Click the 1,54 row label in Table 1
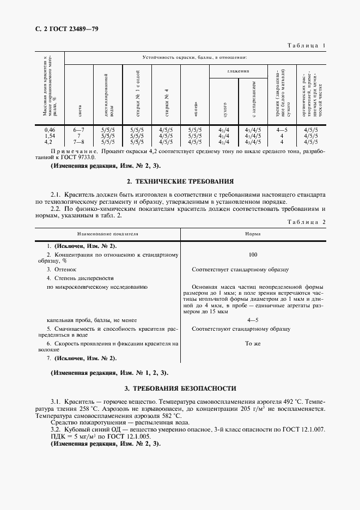[x=50, y=136]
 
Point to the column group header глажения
[x=239, y=71]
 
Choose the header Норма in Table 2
[x=253, y=233]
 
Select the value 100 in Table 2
[x=253, y=254]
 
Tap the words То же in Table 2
[x=253, y=344]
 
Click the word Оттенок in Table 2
[x=65, y=269]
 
